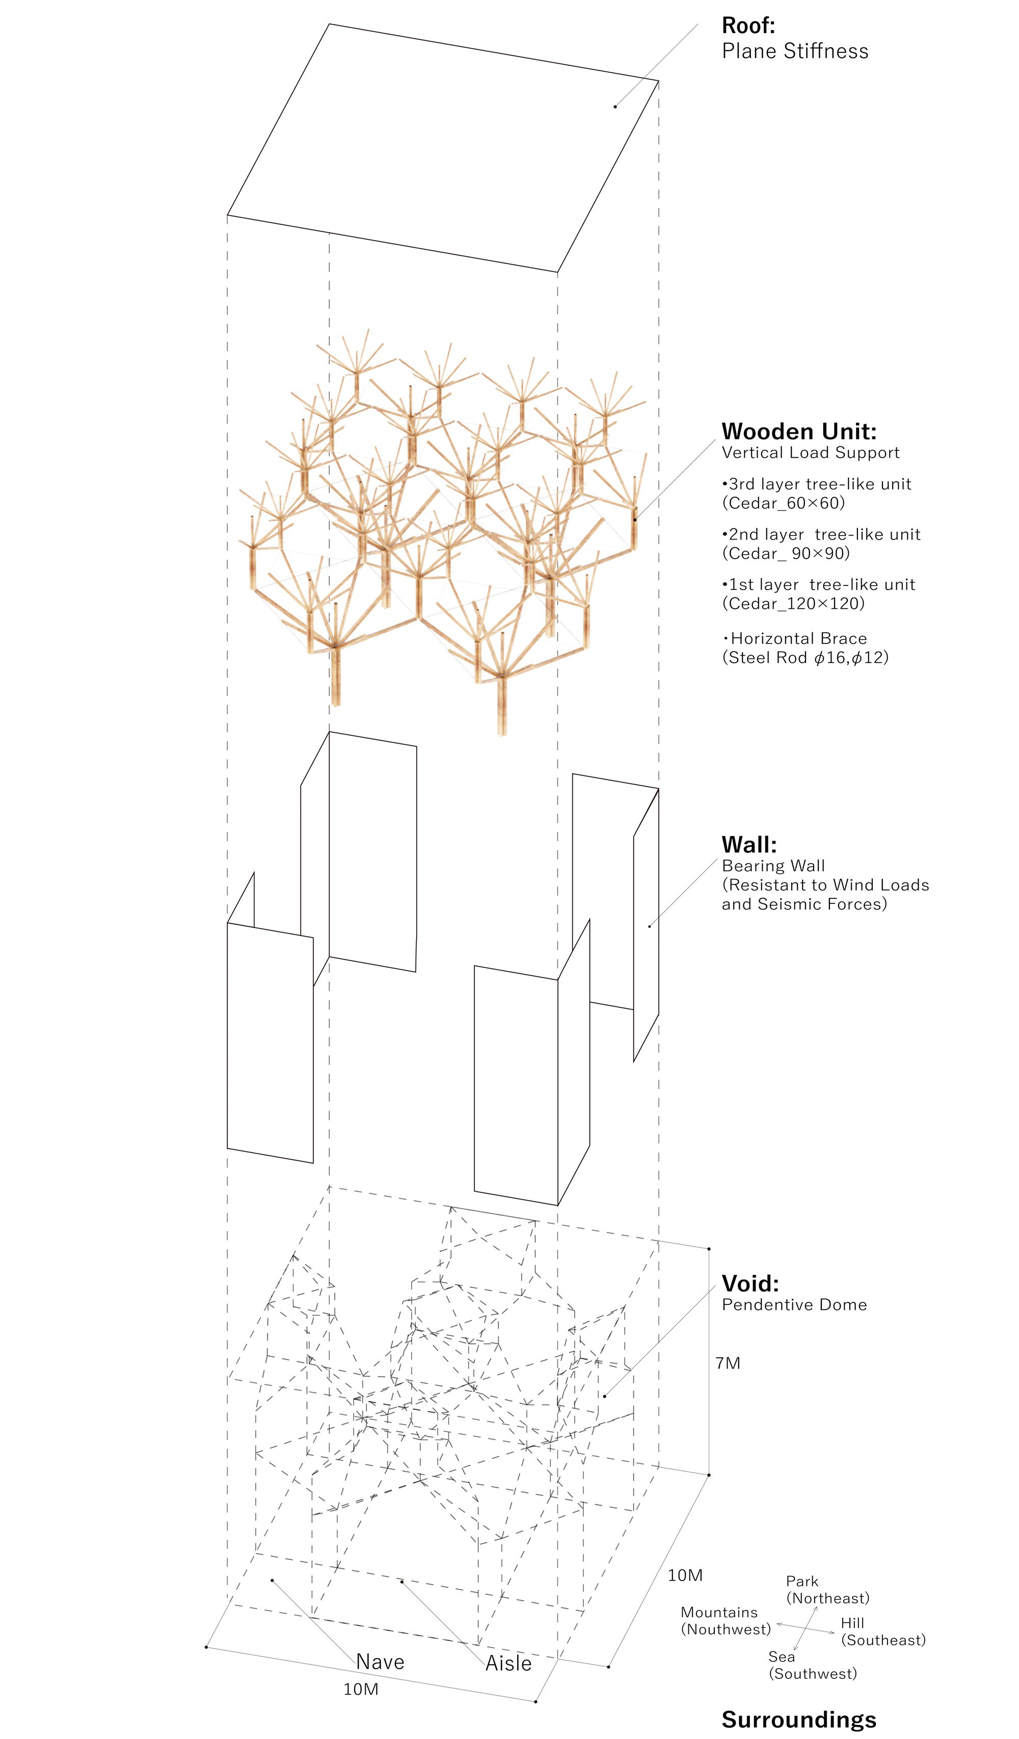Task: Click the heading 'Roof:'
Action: pos(748,25)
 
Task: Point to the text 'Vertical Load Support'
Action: pos(810,452)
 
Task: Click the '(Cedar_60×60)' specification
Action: pos(783,503)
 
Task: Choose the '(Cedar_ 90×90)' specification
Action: pos(785,553)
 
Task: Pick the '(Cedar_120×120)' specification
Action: pos(793,604)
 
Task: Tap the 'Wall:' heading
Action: pos(748,845)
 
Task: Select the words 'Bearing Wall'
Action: pos(773,866)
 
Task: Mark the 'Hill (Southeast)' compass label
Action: pos(882,1631)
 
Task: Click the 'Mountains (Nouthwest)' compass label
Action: pos(725,1620)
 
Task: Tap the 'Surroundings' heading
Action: pos(798,1720)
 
